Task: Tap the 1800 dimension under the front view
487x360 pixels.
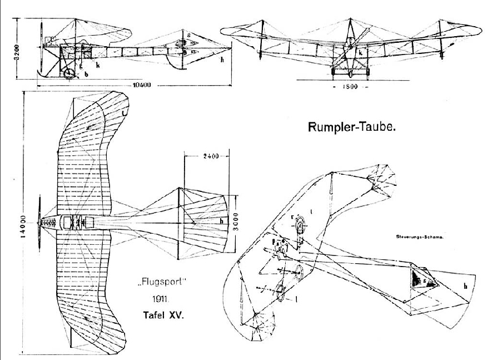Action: (346, 88)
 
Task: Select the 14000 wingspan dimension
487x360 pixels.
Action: (23, 225)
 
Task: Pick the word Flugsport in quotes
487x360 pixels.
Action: (161, 288)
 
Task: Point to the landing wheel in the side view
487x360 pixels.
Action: (69, 73)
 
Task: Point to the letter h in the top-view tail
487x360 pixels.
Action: (205, 221)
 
